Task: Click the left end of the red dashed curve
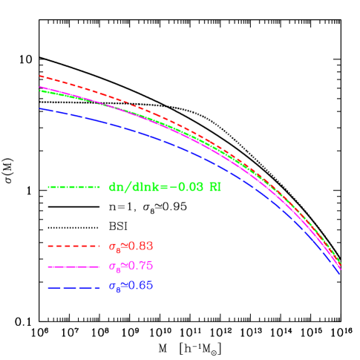pos(40,76)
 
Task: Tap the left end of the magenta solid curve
pos(40,87)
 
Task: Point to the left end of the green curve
pos(40,91)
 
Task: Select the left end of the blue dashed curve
pos(40,108)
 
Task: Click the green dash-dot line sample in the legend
pos(73,187)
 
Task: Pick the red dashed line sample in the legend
pos(73,246)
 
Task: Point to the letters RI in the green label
pos(215,187)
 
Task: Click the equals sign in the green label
pos(162,187)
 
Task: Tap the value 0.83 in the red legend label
pos(141,246)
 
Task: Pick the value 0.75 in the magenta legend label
pos(141,266)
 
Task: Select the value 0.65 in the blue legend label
pos(141,286)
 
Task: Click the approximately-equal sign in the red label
pos(122,246)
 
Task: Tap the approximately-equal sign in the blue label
pos(122,286)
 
